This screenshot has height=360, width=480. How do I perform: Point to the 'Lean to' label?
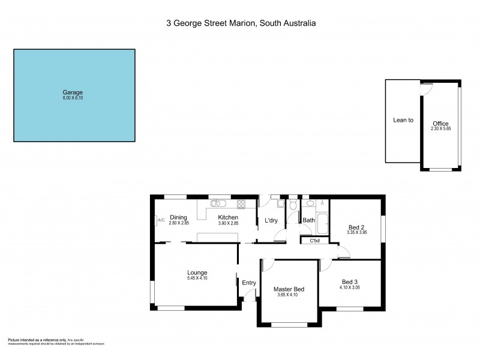[403, 120]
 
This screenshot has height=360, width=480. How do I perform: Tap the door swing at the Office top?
[427, 88]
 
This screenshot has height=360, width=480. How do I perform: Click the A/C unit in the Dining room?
[160, 220]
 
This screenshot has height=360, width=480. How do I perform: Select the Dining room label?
[178, 217]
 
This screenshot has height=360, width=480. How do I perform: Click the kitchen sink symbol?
[218, 203]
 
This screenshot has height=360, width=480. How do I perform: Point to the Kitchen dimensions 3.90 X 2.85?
[228, 223]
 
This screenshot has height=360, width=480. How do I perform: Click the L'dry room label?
[271, 221]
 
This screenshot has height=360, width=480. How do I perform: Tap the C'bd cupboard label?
[314, 241]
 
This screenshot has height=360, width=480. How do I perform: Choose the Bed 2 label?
[357, 227]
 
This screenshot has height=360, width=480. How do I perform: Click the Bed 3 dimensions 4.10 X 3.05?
[350, 287]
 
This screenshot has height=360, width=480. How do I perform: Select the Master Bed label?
[289, 289]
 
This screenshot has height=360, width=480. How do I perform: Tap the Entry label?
[248, 283]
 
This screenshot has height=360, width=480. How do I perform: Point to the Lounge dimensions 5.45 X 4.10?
[197, 278]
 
